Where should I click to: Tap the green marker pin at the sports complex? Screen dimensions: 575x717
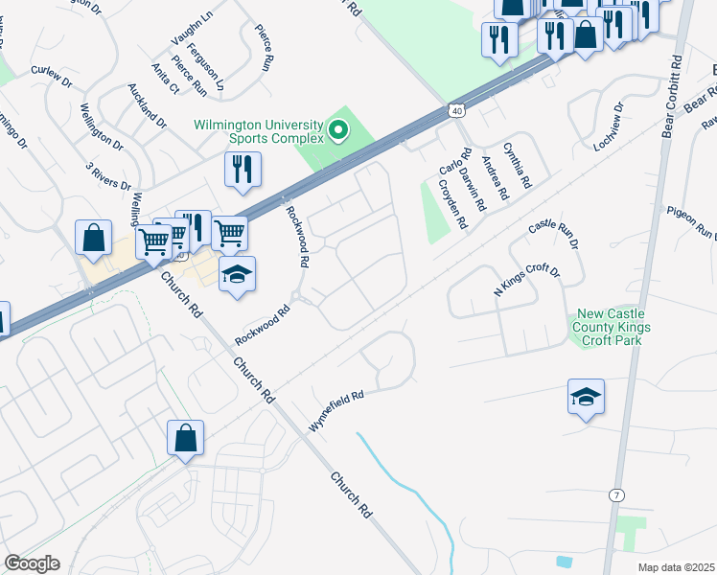[x=337, y=128]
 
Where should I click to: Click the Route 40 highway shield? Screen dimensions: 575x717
[x=458, y=111]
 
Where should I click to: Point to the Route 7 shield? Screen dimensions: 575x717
[x=613, y=493]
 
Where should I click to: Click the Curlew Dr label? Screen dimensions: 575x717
[x=52, y=77]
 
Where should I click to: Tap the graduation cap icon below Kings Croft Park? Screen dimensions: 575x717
[x=586, y=395]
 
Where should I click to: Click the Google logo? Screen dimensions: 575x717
[x=32, y=563]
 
